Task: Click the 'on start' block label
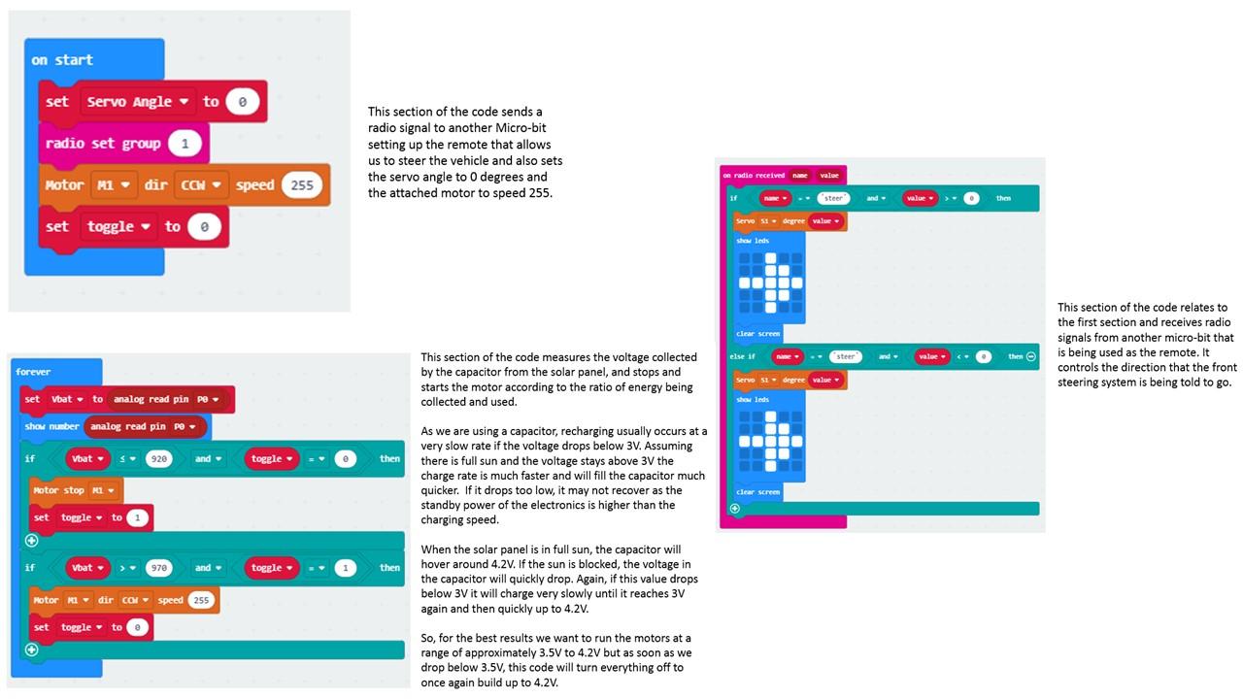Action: tap(62, 60)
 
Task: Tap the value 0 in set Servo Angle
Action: tap(242, 101)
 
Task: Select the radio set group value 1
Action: tap(185, 144)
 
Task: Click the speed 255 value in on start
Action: tap(302, 184)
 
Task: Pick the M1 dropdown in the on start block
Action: tap(115, 184)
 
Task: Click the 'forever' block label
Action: tap(33, 372)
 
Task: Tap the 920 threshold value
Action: tap(158, 458)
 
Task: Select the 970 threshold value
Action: tap(158, 568)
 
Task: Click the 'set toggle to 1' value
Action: tap(138, 517)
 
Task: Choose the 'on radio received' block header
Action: tap(753, 176)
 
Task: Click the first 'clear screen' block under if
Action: tap(757, 334)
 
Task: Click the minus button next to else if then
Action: tap(1031, 356)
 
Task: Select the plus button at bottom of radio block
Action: tap(734, 508)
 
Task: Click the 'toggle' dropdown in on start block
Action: tap(121, 226)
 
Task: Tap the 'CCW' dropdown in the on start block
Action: tap(201, 184)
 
